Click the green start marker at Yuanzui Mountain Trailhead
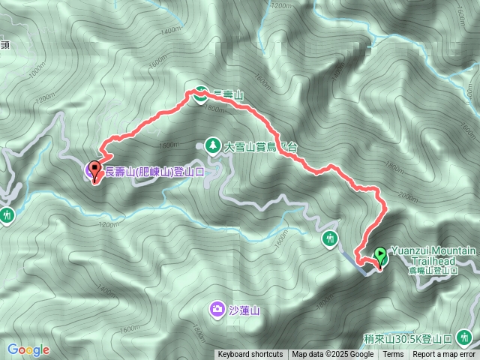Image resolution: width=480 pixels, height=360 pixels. point(379,256)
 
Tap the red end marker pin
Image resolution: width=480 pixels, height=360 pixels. point(95,169)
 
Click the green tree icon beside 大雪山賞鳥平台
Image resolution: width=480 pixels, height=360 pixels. point(213,145)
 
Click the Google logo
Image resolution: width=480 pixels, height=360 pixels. point(28,349)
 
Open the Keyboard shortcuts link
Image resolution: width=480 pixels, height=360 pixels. point(250,355)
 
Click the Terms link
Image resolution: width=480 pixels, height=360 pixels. point(392,355)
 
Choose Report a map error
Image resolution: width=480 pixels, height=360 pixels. point(445,355)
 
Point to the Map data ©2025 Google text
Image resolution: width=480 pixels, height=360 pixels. point(333,355)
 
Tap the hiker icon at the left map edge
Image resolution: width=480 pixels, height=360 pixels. point(7,215)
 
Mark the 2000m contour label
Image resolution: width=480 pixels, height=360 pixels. point(406,196)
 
